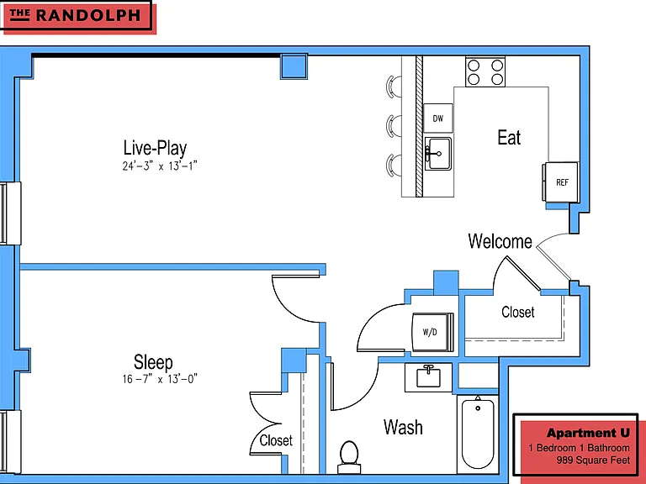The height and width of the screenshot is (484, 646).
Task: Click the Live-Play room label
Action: point(156,149)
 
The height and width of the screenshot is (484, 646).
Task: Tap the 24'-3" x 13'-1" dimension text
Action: point(160,166)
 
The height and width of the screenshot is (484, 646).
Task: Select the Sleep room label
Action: point(153,362)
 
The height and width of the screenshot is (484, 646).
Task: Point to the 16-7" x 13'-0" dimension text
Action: point(160,379)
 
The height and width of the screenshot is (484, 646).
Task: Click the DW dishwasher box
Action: point(438,118)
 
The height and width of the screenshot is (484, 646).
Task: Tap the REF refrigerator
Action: point(560,181)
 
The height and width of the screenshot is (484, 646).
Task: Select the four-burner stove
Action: point(485,72)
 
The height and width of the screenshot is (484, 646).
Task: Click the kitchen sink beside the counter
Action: point(438,154)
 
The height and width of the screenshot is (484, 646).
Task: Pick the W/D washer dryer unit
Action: point(432,332)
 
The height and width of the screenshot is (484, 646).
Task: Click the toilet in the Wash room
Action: point(349,457)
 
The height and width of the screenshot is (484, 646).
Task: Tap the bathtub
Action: point(478,434)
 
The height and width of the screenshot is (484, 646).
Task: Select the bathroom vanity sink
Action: point(428,377)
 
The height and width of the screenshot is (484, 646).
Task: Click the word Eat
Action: point(509,138)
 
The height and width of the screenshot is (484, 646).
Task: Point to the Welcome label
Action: point(500,241)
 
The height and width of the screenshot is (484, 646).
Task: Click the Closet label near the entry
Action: point(518,312)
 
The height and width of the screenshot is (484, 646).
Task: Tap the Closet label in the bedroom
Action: point(276,440)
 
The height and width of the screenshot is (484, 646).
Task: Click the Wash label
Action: point(403,427)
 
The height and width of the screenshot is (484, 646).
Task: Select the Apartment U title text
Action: point(588,433)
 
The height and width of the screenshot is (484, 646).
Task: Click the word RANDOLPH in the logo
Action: point(88,16)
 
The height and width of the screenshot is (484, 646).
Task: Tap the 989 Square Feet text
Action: point(593,460)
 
